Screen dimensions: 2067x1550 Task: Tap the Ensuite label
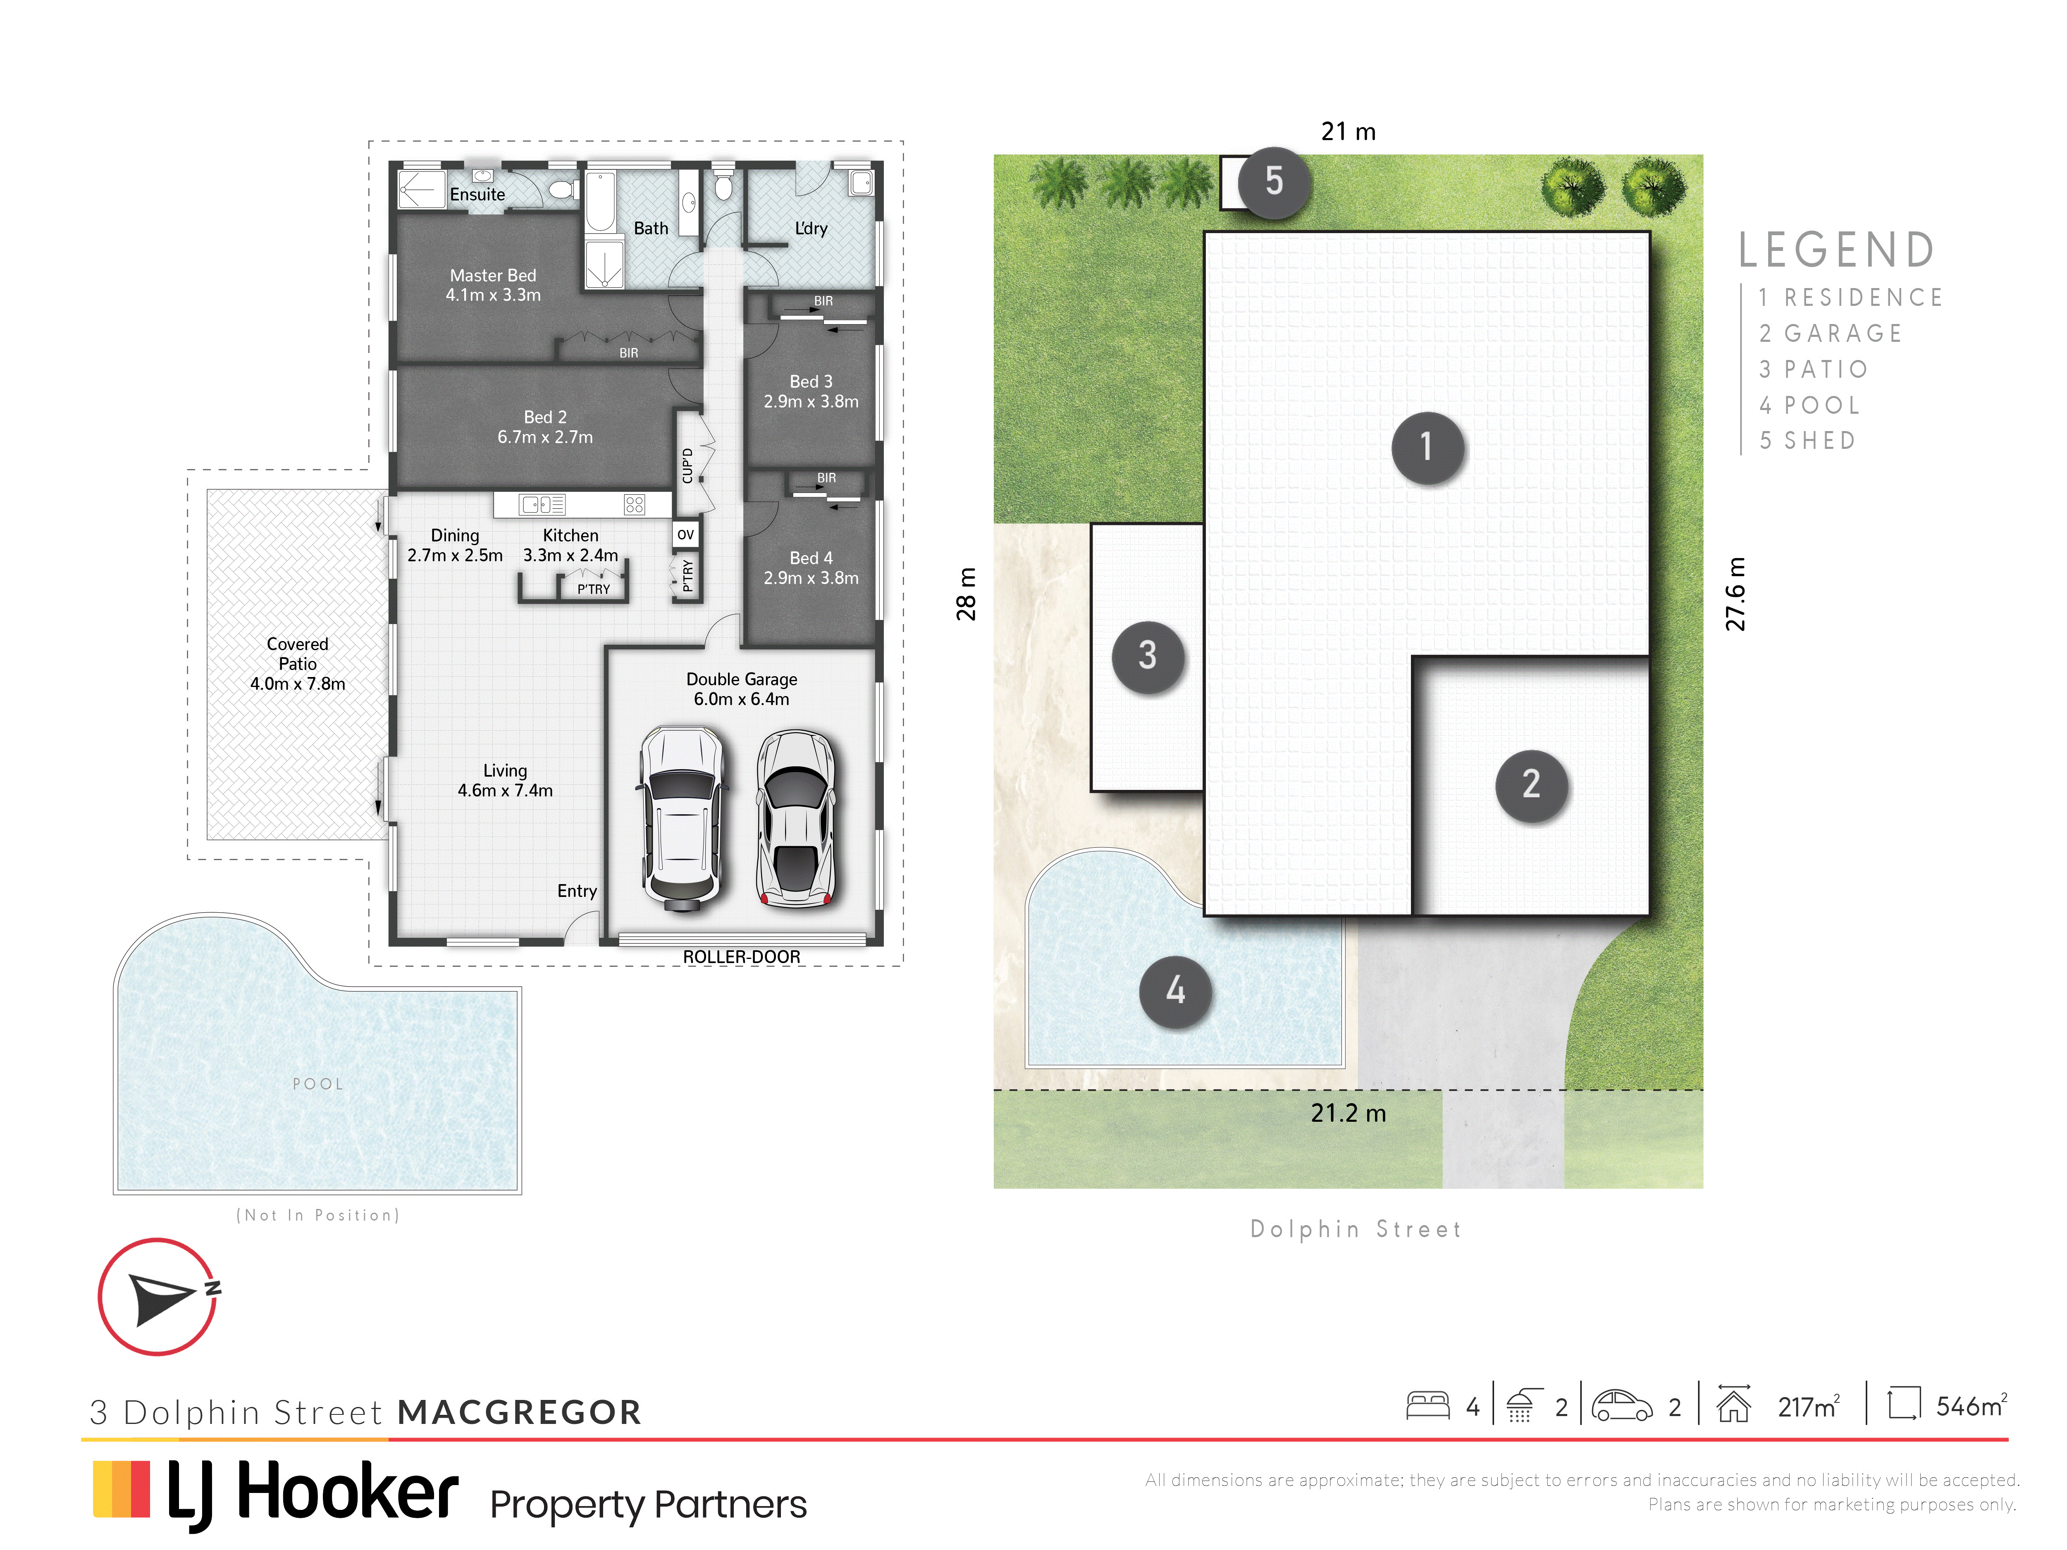tap(477, 194)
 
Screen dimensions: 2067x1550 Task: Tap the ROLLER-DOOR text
tap(741, 957)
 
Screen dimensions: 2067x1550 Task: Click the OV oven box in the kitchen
tap(685, 534)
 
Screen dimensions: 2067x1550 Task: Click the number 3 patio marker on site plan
tap(1148, 656)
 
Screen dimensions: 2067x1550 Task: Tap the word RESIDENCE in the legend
tap(1863, 297)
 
